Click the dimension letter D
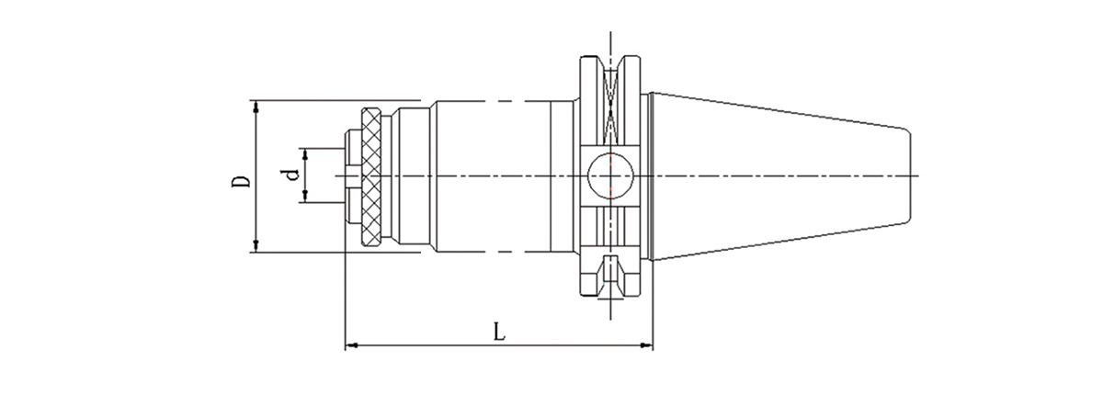coord(241,176)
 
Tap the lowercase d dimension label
coord(292,175)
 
